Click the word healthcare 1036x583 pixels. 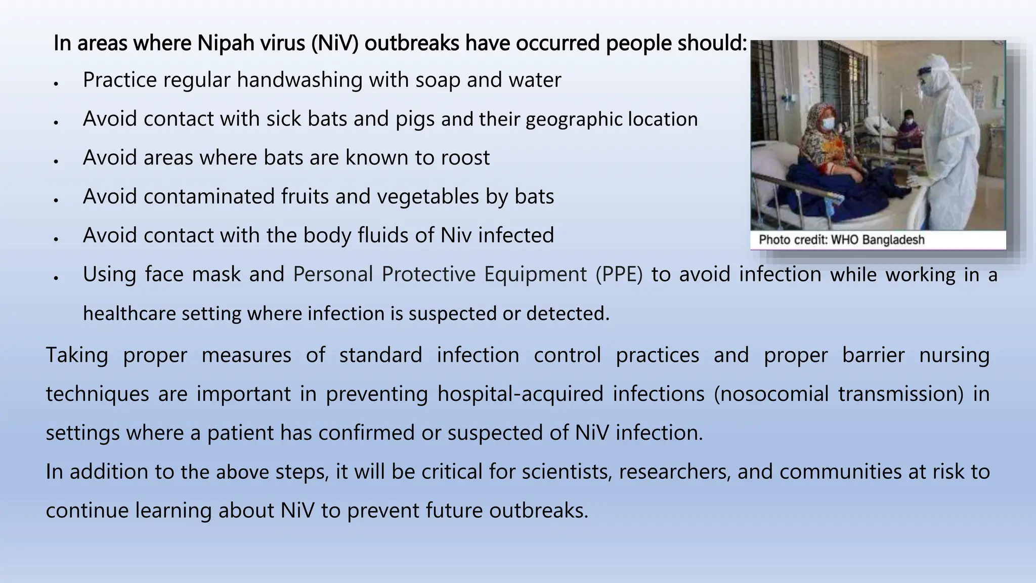coord(128,314)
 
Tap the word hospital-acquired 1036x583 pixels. coord(521,394)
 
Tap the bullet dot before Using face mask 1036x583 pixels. coord(57,278)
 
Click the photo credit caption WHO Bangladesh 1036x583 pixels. coord(841,240)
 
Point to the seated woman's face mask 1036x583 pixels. coord(828,123)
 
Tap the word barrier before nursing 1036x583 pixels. coord(873,355)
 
